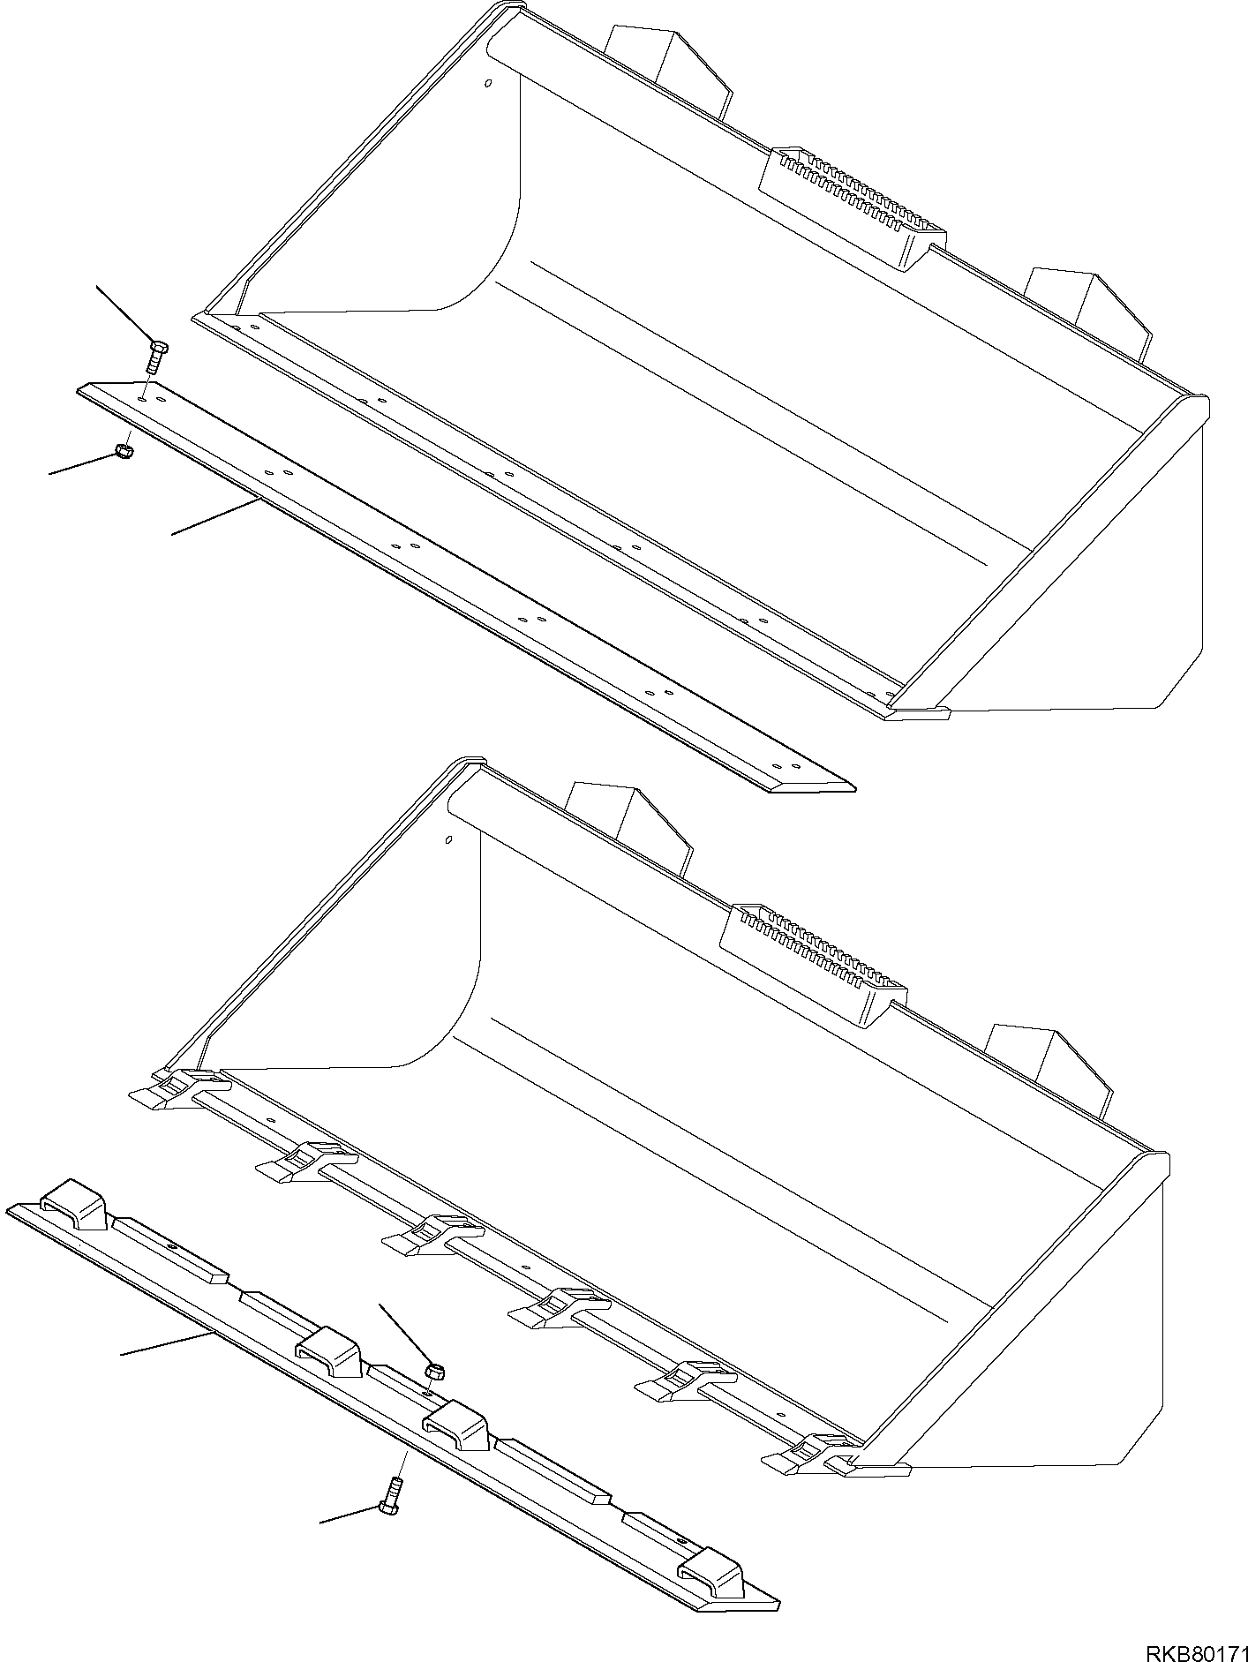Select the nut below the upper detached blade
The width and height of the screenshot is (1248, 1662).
pos(124,453)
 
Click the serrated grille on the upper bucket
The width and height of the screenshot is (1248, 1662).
pos(852,207)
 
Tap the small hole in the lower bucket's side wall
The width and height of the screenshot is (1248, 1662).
pos(448,839)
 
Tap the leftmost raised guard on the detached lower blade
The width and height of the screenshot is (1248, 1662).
pos(75,1203)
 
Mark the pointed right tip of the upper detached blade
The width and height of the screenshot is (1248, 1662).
pos(854,788)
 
